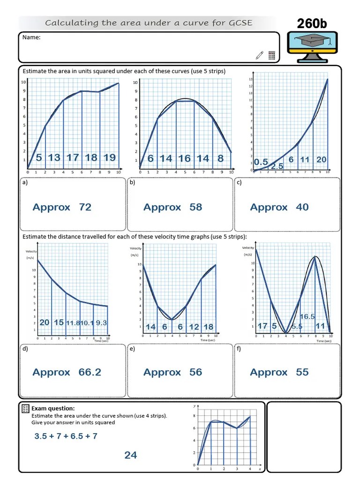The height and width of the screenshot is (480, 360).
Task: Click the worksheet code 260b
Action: pyautogui.click(x=312, y=23)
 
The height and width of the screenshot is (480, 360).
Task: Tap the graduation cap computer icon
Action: pyautogui.click(x=312, y=47)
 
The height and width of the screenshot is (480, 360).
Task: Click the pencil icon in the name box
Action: pyautogui.click(x=260, y=55)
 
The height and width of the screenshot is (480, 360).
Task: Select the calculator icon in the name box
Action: pyautogui.click(x=272, y=55)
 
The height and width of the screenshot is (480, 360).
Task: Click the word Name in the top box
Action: pyautogui.click(x=31, y=37)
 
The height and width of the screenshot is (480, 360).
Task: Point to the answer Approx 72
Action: pyautogui.click(x=62, y=207)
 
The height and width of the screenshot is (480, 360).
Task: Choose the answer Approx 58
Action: pyautogui.click(x=172, y=207)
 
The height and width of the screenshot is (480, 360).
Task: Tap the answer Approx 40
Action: pyautogui.click(x=279, y=207)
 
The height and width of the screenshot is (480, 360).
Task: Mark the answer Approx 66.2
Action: pyautogui.click(x=67, y=372)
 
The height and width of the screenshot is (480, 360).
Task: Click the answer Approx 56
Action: pyautogui.click(x=172, y=372)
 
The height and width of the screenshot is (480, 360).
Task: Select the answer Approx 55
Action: pyautogui.click(x=279, y=372)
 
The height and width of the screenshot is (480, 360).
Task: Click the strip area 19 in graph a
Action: pyautogui.click(x=109, y=157)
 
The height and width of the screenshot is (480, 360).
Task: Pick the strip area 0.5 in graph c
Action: pyautogui.click(x=261, y=162)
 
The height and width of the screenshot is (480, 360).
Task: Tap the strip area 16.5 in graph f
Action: pyautogui.click(x=307, y=317)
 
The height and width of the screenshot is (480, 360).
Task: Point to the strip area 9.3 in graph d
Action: pyautogui.click(x=102, y=323)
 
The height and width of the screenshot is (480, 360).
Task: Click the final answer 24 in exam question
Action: pyautogui.click(x=130, y=455)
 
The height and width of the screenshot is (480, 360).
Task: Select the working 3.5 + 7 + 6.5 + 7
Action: pyautogui.click(x=66, y=436)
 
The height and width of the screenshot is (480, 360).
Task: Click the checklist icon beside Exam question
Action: pyautogui.click(x=26, y=409)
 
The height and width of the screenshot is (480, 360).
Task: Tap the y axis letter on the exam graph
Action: pyautogui.click(x=195, y=406)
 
